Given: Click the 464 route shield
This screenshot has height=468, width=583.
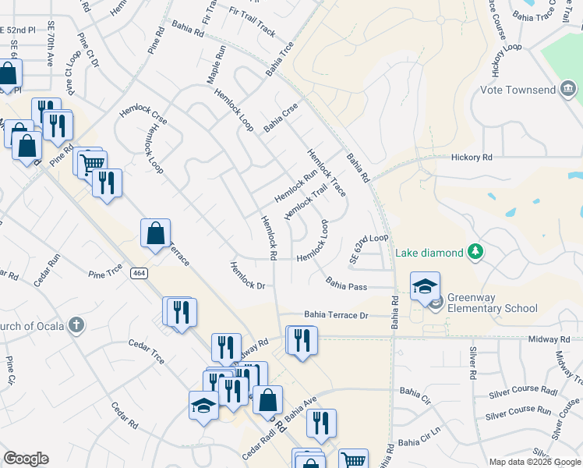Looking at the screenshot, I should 139,273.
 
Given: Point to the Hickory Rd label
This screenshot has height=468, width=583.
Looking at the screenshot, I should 472,157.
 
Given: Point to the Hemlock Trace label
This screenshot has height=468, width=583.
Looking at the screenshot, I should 327,173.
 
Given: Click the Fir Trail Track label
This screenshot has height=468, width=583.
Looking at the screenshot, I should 252,23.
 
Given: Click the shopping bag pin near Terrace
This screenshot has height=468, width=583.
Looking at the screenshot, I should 155,232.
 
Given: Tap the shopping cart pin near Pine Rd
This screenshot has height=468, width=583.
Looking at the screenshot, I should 92,162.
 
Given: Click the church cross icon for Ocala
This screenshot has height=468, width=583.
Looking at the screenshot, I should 76,324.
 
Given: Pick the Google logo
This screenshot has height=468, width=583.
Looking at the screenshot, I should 26,458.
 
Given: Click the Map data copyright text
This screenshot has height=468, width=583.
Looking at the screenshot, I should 533,462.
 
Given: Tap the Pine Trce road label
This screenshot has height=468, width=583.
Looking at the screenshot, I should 106,274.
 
